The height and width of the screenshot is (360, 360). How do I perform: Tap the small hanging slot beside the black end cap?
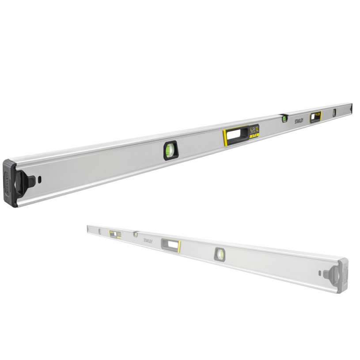point(40,179)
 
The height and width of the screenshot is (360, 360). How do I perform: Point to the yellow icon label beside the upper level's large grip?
point(254,131)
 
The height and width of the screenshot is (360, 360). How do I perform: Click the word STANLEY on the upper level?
point(299,120)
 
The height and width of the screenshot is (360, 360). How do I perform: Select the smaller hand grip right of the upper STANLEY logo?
point(315,116)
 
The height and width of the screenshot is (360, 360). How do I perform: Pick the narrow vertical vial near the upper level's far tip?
point(334,112)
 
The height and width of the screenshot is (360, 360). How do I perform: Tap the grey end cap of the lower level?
point(343,276)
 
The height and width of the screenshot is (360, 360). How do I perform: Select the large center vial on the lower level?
point(220,254)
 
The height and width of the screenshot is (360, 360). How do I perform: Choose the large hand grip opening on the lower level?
point(171,244)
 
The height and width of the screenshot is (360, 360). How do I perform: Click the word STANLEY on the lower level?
point(148,241)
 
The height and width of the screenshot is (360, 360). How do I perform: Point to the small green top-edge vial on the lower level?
point(136,234)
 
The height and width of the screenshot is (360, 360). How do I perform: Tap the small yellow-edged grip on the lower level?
point(115,235)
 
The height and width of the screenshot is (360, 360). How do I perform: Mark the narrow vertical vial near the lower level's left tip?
point(100,231)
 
